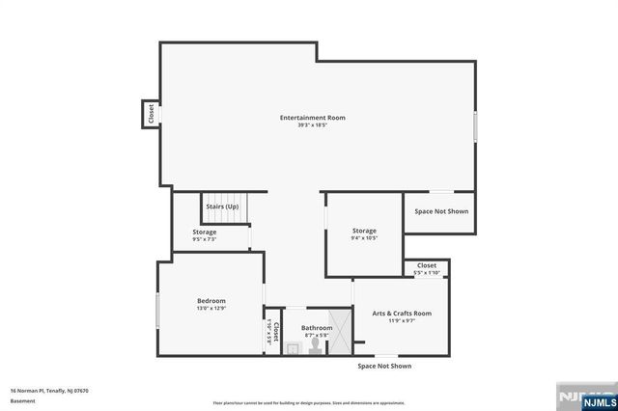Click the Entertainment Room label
312,118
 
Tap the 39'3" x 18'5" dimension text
312,126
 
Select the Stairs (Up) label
222,206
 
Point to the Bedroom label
211,301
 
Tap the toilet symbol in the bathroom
315,350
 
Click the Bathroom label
316,328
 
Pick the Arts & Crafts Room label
402,314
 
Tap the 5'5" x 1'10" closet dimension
426,273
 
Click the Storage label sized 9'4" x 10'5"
364,231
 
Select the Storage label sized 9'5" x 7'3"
204,232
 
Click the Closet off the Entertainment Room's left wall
152,113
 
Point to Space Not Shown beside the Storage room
441,211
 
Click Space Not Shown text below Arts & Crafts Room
384,367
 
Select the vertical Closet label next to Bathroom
275,333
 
